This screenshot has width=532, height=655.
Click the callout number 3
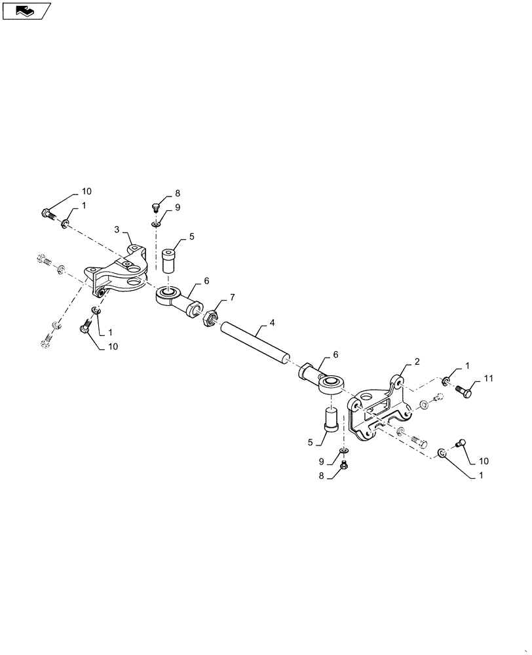[x=117, y=229]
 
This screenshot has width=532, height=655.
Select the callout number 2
[x=417, y=361]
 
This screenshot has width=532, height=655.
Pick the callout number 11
[x=489, y=379]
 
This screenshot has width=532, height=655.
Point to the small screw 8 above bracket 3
[x=155, y=208]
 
